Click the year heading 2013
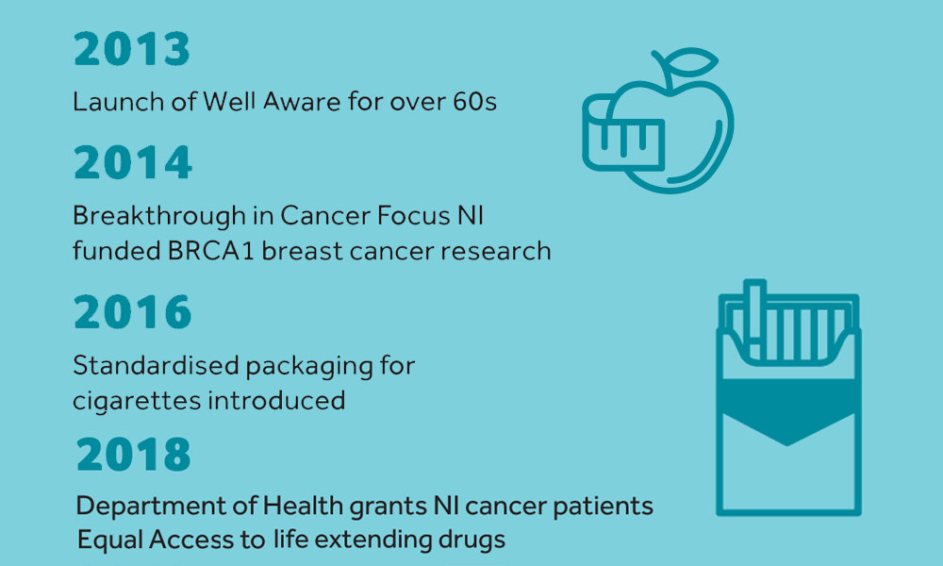[132, 49]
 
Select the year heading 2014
[133, 162]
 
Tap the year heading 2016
[133, 311]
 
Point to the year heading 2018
[134, 454]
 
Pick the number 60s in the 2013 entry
[474, 102]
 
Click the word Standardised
[156, 365]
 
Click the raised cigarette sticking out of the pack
[754, 319]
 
